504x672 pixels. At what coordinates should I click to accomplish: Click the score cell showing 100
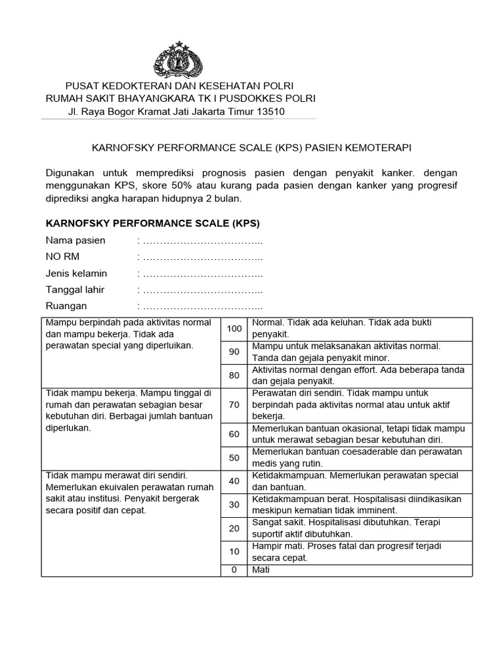(234, 328)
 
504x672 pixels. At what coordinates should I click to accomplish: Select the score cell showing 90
(234, 352)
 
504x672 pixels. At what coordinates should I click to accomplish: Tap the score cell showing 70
(234, 404)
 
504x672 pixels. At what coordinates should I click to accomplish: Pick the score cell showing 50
(234, 457)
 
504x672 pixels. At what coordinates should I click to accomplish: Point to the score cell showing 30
(234, 504)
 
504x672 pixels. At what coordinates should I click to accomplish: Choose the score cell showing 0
(234, 570)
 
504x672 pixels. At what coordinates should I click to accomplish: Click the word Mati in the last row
(261, 570)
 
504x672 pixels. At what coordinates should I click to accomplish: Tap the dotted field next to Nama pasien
(202, 241)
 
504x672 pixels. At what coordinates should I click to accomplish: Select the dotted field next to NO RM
(202, 257)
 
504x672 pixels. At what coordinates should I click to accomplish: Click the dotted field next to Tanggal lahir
(202, 289)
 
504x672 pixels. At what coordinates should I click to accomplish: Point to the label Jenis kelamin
(76, 273)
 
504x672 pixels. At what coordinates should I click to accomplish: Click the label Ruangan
(66, 306)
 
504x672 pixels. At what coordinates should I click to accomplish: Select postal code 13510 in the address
(270, 112)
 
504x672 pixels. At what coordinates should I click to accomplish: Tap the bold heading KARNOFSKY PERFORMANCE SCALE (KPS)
(152, 223)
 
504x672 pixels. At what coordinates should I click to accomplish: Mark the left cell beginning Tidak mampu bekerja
(129, 410)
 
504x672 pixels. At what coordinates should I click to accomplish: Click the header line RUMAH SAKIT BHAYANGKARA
(178, 98)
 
